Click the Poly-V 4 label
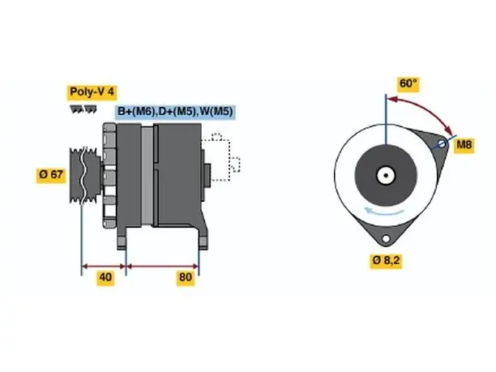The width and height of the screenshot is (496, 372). (92, 92)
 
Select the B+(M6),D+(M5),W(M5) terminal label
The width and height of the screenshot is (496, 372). (175, 111)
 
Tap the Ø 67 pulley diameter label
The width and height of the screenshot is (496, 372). (51, 174)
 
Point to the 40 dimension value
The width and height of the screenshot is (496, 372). (105, 277)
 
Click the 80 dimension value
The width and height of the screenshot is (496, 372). (186, 277)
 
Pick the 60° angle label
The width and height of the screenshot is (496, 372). (408, 83)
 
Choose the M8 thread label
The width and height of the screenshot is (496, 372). (464, 145)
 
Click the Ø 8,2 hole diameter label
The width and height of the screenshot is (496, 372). (386, 261)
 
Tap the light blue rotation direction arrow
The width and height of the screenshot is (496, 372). (383, 212)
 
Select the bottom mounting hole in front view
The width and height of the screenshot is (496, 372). (386, 239)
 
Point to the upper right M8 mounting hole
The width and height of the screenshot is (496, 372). (443, 144)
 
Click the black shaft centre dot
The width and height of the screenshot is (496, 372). (386, 175)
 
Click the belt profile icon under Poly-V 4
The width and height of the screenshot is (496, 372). (83, 109)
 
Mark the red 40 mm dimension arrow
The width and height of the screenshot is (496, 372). (104, 266)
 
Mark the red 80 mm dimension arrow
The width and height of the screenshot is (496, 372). (162, 266)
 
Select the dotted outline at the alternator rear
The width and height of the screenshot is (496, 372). (220, 157)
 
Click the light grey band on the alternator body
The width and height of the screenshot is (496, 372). (147, 175)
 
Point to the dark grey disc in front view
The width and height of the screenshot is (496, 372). (386, 175)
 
